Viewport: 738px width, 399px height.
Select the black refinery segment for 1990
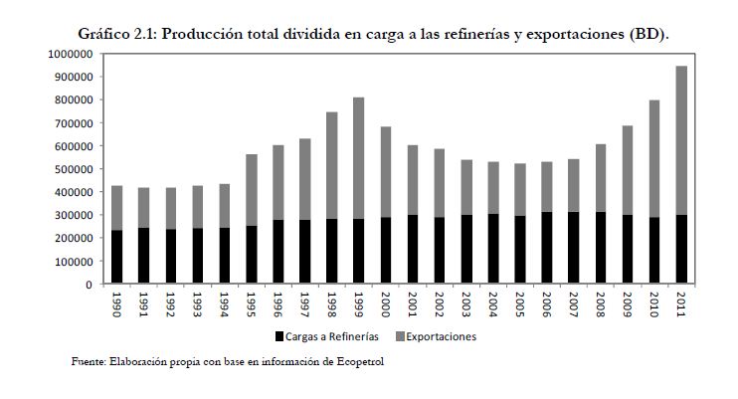pos(117,258)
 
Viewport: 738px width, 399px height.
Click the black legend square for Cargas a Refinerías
pos(280,336)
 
